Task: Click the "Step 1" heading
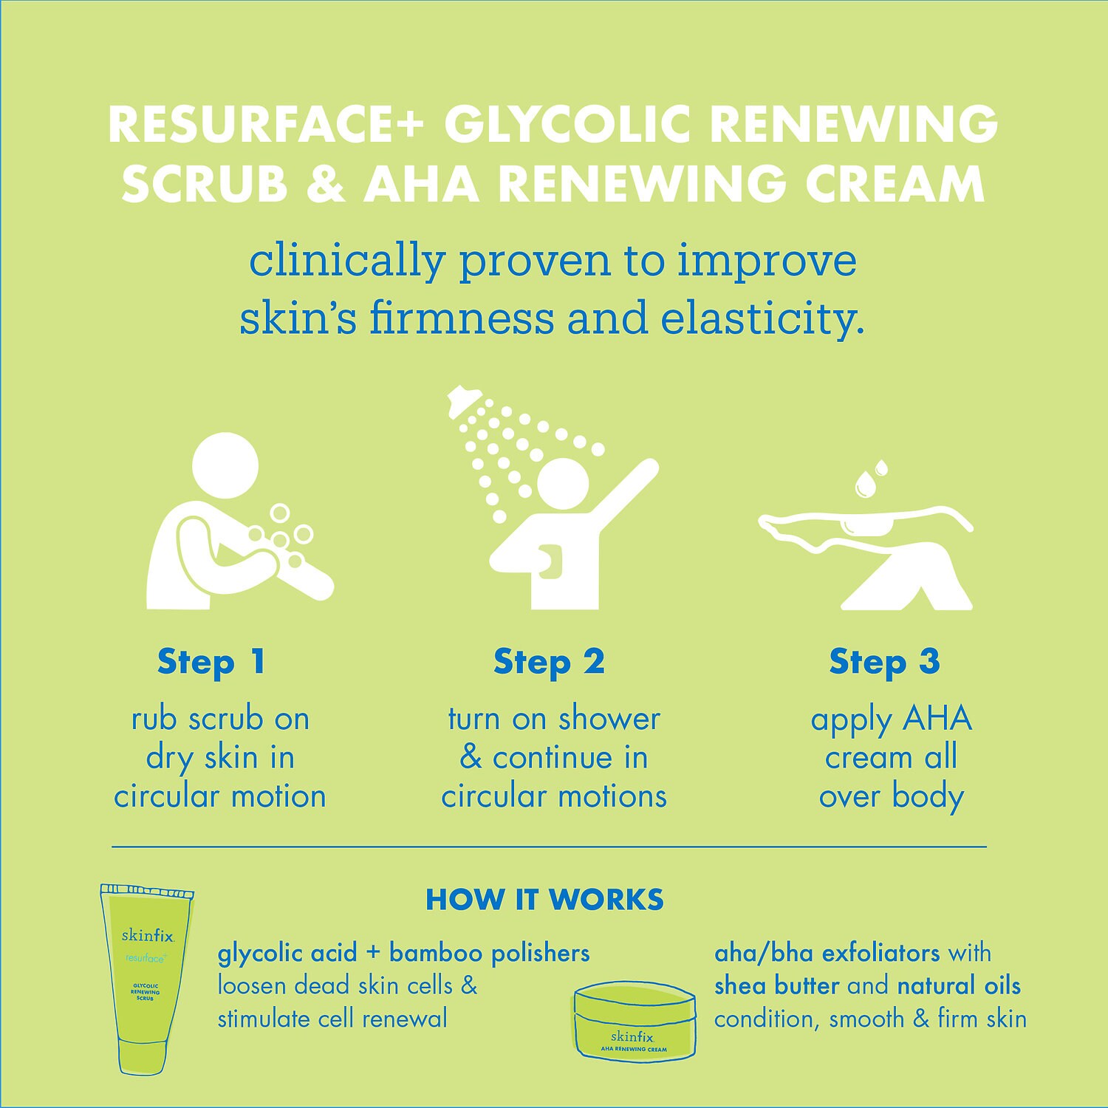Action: tap(211, 662)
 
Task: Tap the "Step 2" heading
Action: tap(549, 662)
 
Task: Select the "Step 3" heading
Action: tap(884, 662)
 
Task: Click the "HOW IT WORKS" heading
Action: tap(545, 899)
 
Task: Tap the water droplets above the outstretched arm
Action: tap(870, 479)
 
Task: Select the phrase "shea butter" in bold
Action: tap(777, 985)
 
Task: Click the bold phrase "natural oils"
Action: tap(959, 985)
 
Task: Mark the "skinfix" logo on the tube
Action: tap(147, 936)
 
